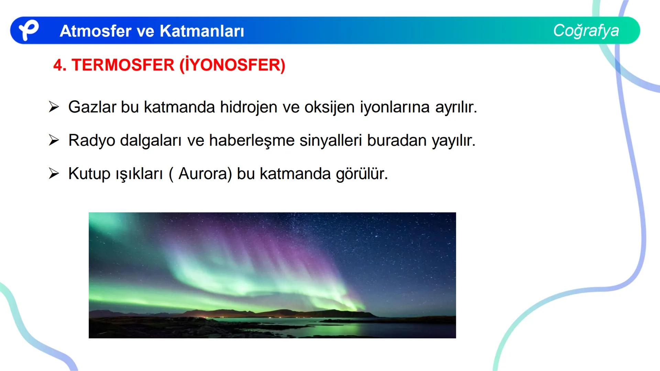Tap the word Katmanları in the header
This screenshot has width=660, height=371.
(202, 31)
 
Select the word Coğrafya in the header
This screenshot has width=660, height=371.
(586, 30)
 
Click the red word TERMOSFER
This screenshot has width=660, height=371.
(123, 65)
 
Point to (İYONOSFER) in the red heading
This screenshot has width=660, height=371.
(232, 65)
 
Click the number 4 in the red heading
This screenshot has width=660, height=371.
(59, 65)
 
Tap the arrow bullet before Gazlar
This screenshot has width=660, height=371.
(54, 107)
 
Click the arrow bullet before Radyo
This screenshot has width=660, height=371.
(54, 140)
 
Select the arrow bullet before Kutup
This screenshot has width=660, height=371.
(54, 173)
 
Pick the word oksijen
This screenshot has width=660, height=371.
(329, 107)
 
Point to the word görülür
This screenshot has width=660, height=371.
(361, 174)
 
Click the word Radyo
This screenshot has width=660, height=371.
(91, 140)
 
